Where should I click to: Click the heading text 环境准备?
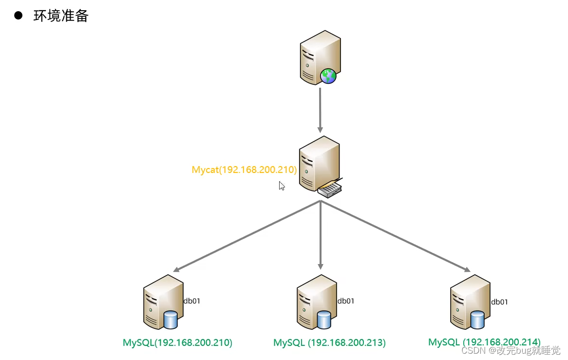pos(61,16)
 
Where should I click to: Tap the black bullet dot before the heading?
pos(19,15)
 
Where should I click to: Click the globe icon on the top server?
pos(328,76)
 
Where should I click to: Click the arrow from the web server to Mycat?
pos(320,110)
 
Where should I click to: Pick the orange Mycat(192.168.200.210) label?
pos(244,170)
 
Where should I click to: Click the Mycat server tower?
pos(317,163)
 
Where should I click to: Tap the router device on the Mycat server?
pos(331,189)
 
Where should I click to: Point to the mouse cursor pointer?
pos(282,186)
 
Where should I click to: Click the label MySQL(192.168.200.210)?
pos(177,342)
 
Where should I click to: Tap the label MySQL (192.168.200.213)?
pos(329,342)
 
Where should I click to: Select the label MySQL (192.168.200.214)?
pos(484,342)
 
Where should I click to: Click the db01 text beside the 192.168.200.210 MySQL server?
pos(191,301)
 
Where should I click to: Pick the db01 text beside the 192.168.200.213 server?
pos(346,301)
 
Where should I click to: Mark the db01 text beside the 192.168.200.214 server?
pos(499,302)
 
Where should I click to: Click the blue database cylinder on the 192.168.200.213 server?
pos(324,320)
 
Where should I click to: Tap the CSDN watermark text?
pos(511,350)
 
